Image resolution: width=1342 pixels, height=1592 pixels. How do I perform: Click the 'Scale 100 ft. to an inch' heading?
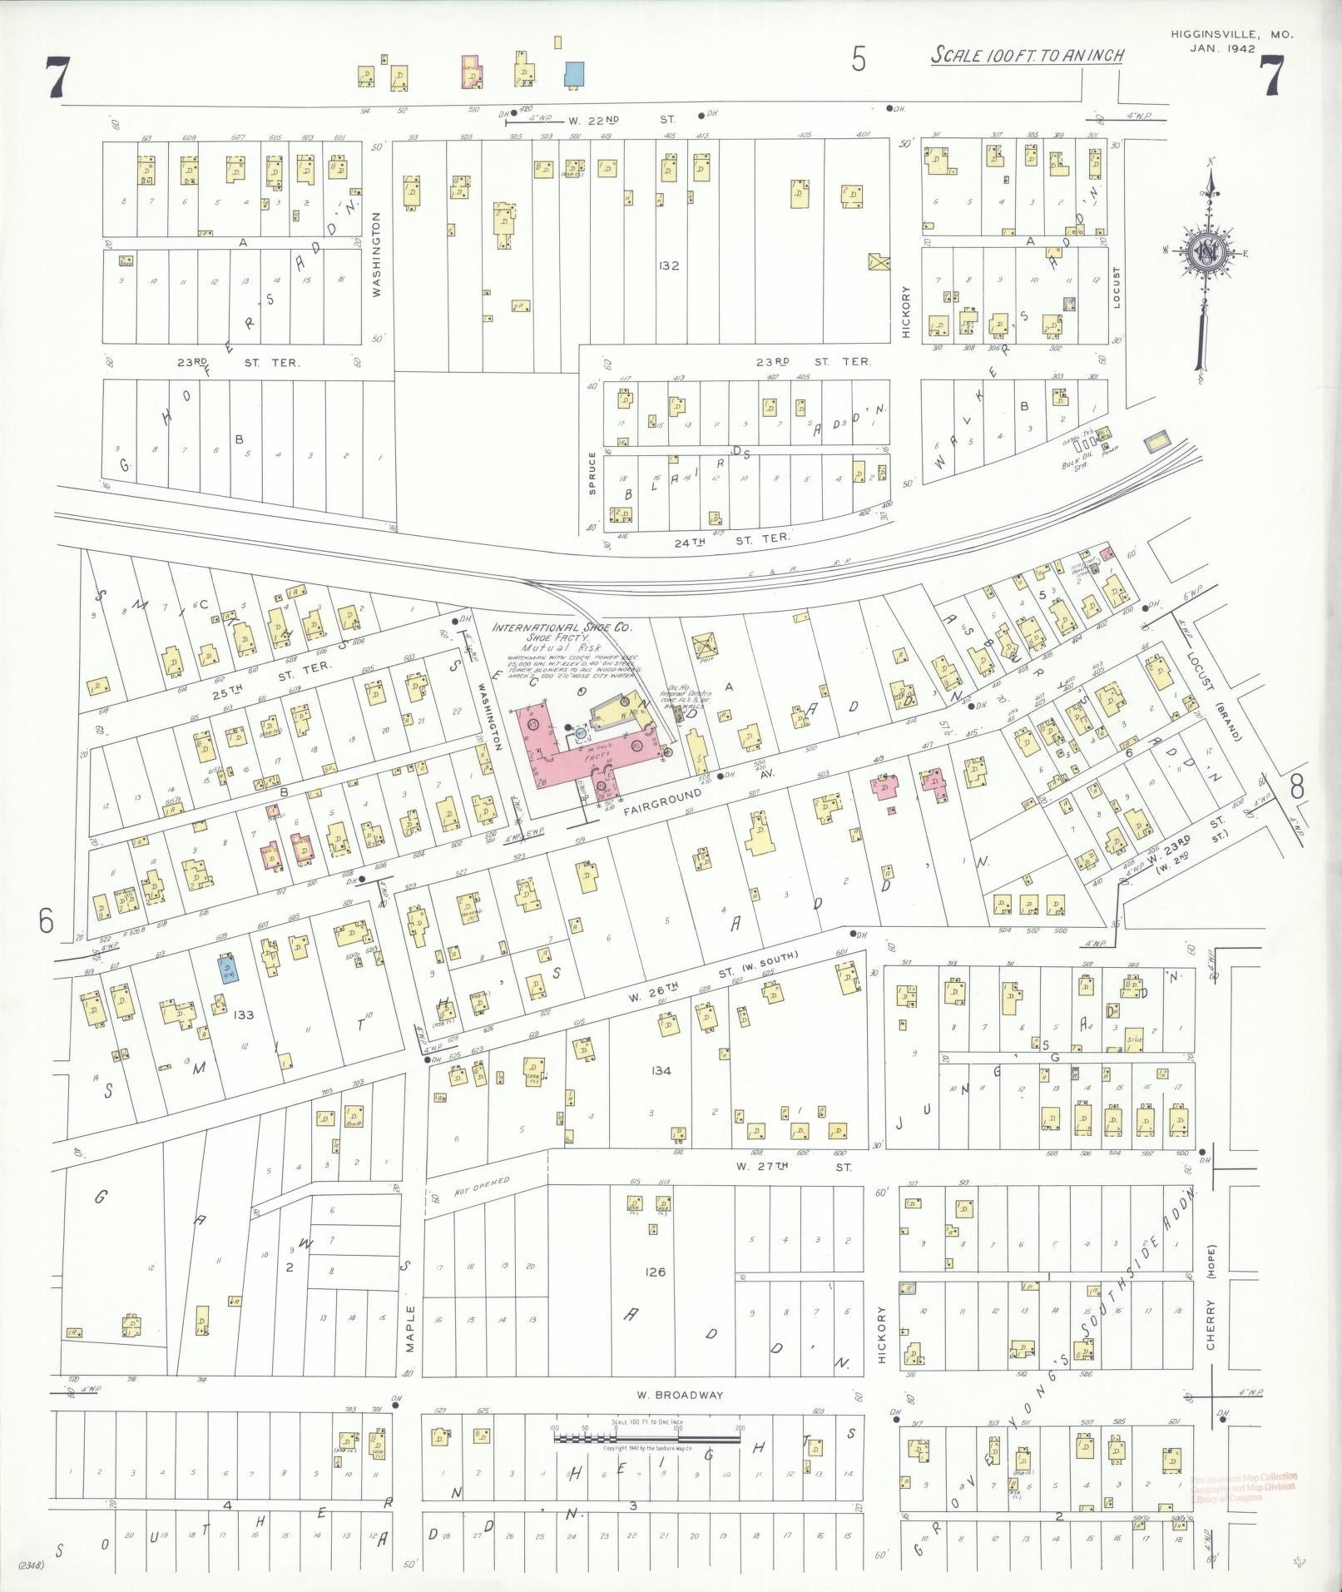pyautogui.click(x=1027, y=56)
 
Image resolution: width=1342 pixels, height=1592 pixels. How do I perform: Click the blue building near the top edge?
pyautogui.click(x=574, y=73)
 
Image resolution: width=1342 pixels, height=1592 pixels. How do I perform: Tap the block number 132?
pyautogui.click(x=667, y=266)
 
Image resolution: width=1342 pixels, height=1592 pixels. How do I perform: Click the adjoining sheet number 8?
pyautogui.click(x=1296, y=786)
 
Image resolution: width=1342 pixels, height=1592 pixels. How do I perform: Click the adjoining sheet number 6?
pyautogui.click(x=45, y=920)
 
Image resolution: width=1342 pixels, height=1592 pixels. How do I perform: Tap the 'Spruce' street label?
pyautogui.click(x=592, y=474)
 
